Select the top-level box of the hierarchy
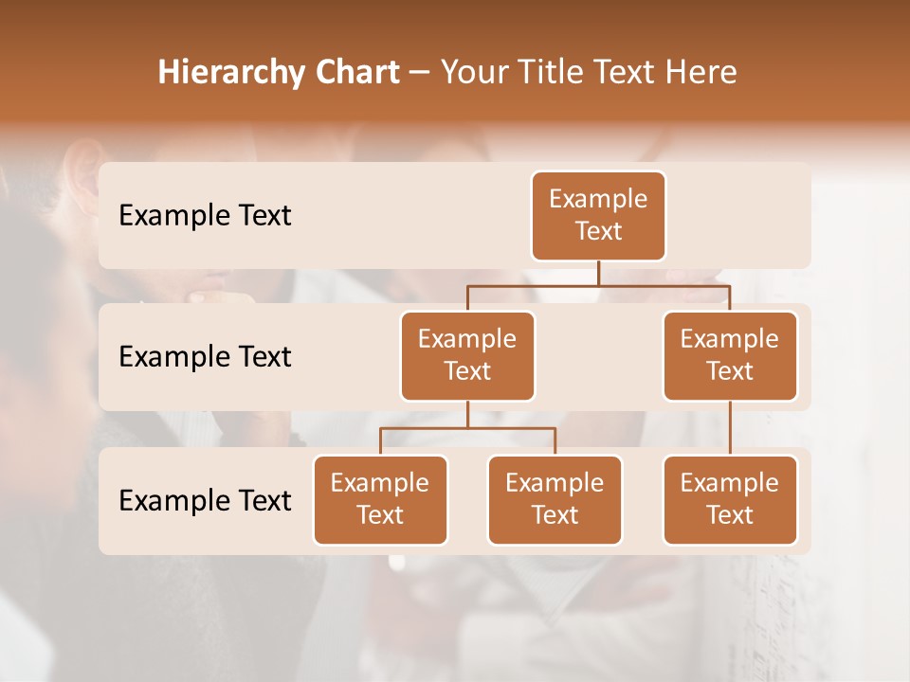pos(598,216)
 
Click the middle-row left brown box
pos(467,356)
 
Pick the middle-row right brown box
pos(730,356)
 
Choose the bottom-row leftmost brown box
pos(380,500)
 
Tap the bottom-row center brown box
pos(555,500)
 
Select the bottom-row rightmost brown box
pos(730,500)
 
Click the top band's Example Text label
pos(205,216)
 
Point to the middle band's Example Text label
pos(205,357)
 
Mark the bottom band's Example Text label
pos(205,500)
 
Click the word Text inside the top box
pos(598,231)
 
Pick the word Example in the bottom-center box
pos(555,483)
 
